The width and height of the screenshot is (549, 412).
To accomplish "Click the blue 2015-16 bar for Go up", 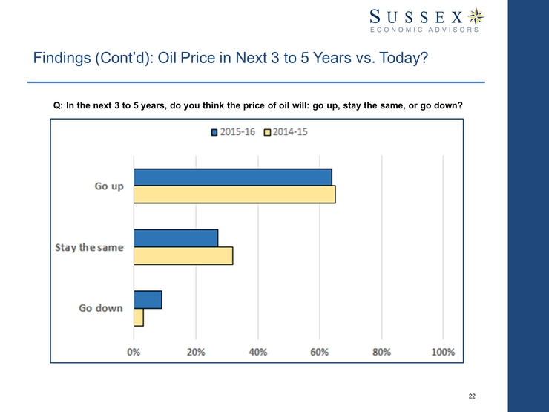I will tap(233, 177).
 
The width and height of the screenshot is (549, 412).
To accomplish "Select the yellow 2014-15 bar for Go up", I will tap(234, 194).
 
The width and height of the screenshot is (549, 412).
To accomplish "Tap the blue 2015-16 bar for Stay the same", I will tap(176, 238).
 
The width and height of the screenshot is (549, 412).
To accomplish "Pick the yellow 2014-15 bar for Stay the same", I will tap(183, 255).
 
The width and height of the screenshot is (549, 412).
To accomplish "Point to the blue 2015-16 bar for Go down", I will tap(148, 299).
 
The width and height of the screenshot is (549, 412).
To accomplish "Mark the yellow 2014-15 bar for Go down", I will tap(139, 317).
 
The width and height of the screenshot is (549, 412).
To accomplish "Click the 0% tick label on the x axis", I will tap(134, 351).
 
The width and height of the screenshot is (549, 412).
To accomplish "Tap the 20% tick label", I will tap(196, 351).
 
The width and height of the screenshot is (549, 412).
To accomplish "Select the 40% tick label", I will tap(257, 351).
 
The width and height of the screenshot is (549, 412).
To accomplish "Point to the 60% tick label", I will tap(320, 351).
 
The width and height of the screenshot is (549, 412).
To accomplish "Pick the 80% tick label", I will tap(381, 351).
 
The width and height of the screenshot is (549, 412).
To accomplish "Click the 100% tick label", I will tap(443, 351).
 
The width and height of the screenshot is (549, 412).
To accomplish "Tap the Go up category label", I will tap(108, 186).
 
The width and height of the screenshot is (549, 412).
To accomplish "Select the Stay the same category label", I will tap(89, 247).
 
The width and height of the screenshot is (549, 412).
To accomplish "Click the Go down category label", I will tap(101, 308).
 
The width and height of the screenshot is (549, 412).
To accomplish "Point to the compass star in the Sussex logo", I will tap(478, 15).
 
